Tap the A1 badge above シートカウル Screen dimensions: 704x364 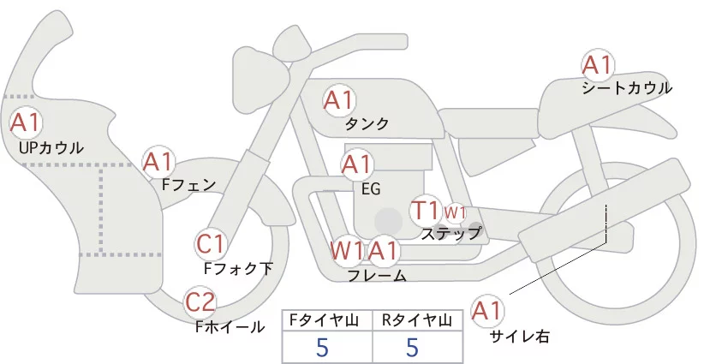point(597,65)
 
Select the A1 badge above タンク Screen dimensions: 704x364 point(338,100)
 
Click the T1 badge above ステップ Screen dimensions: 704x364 point(426,210)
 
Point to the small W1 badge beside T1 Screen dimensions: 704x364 point(454,212)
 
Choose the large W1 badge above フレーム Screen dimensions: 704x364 point(347,251)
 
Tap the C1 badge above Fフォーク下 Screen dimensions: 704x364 point(210,244)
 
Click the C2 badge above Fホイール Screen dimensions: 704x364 point(201,302)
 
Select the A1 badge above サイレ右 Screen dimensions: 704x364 point(489,312)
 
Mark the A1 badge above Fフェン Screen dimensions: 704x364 point(158,160)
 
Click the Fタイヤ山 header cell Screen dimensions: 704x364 point(328,320)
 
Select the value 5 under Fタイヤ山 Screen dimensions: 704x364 point(322,348)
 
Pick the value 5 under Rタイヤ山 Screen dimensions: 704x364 point(413,348)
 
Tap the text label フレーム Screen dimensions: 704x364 point(377,275)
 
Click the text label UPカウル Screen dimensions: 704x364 point(51,148)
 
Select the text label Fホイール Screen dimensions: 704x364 point(230,326)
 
